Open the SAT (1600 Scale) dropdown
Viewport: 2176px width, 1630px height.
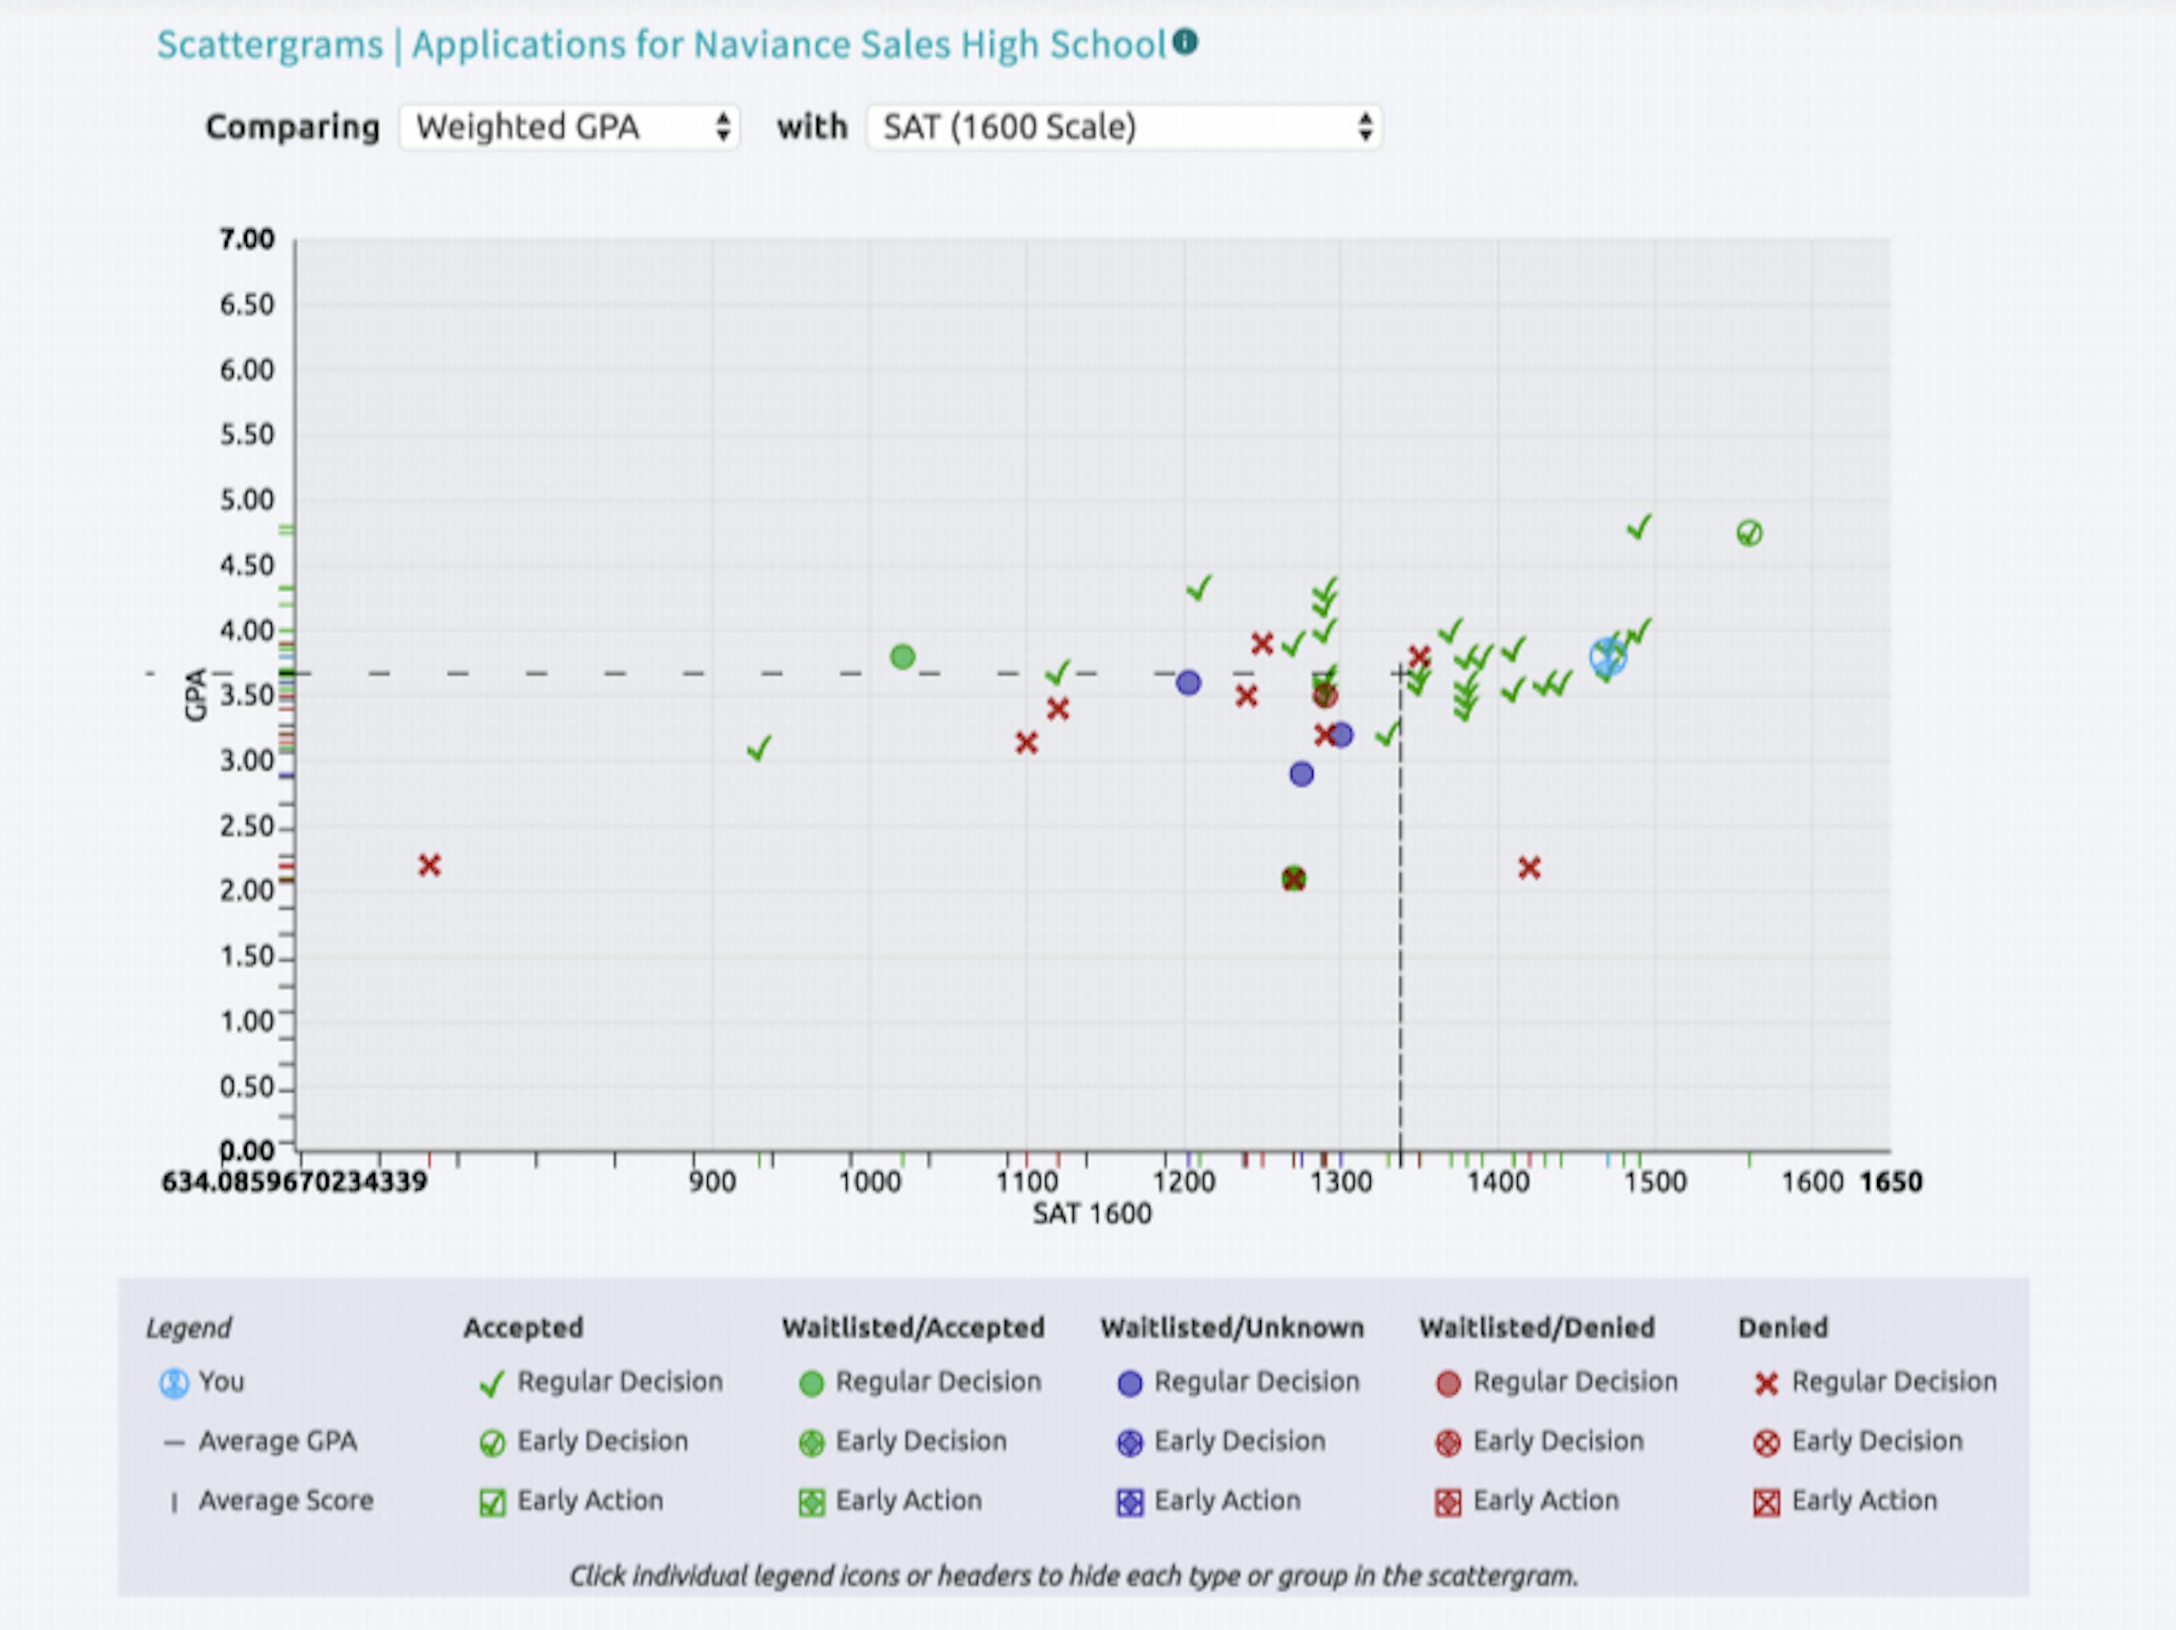coord(1123,127)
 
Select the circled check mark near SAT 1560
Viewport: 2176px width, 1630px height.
coord(1749,533)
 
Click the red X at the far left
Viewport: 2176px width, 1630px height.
coord(429,866)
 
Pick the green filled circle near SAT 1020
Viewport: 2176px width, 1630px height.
coord(902,656)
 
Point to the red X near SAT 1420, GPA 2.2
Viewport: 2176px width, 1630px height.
coord(1529,868)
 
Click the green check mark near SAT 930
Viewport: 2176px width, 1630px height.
coord(759,749)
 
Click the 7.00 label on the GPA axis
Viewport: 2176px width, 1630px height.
coord(247,239)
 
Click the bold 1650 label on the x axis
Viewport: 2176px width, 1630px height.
coord(1890,1181)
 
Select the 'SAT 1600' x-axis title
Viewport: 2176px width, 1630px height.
coord(1091,1214)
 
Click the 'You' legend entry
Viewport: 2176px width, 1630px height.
coord(202,1382)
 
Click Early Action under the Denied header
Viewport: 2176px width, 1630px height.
coord(1846,1500)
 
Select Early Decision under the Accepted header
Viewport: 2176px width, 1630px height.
coord(584,1441)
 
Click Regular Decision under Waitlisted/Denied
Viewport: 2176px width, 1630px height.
coord(1557,1382)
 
